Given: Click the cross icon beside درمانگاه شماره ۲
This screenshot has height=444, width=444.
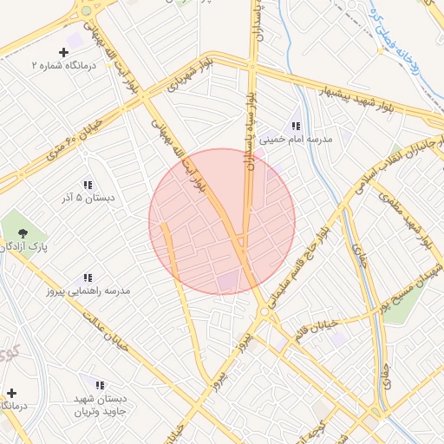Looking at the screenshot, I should click(62, 53).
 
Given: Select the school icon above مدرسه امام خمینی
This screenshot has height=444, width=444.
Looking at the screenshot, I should click(296, 127).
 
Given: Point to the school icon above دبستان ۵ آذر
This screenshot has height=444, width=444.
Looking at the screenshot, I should click(87, 185).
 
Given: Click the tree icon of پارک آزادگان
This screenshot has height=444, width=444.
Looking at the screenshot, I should click(19, 232).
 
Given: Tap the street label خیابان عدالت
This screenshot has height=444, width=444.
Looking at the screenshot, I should click(106, 330).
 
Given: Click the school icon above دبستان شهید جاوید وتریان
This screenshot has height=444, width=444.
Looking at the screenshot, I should click(100, 384).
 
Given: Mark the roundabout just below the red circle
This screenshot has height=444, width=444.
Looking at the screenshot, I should click(263, 311).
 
